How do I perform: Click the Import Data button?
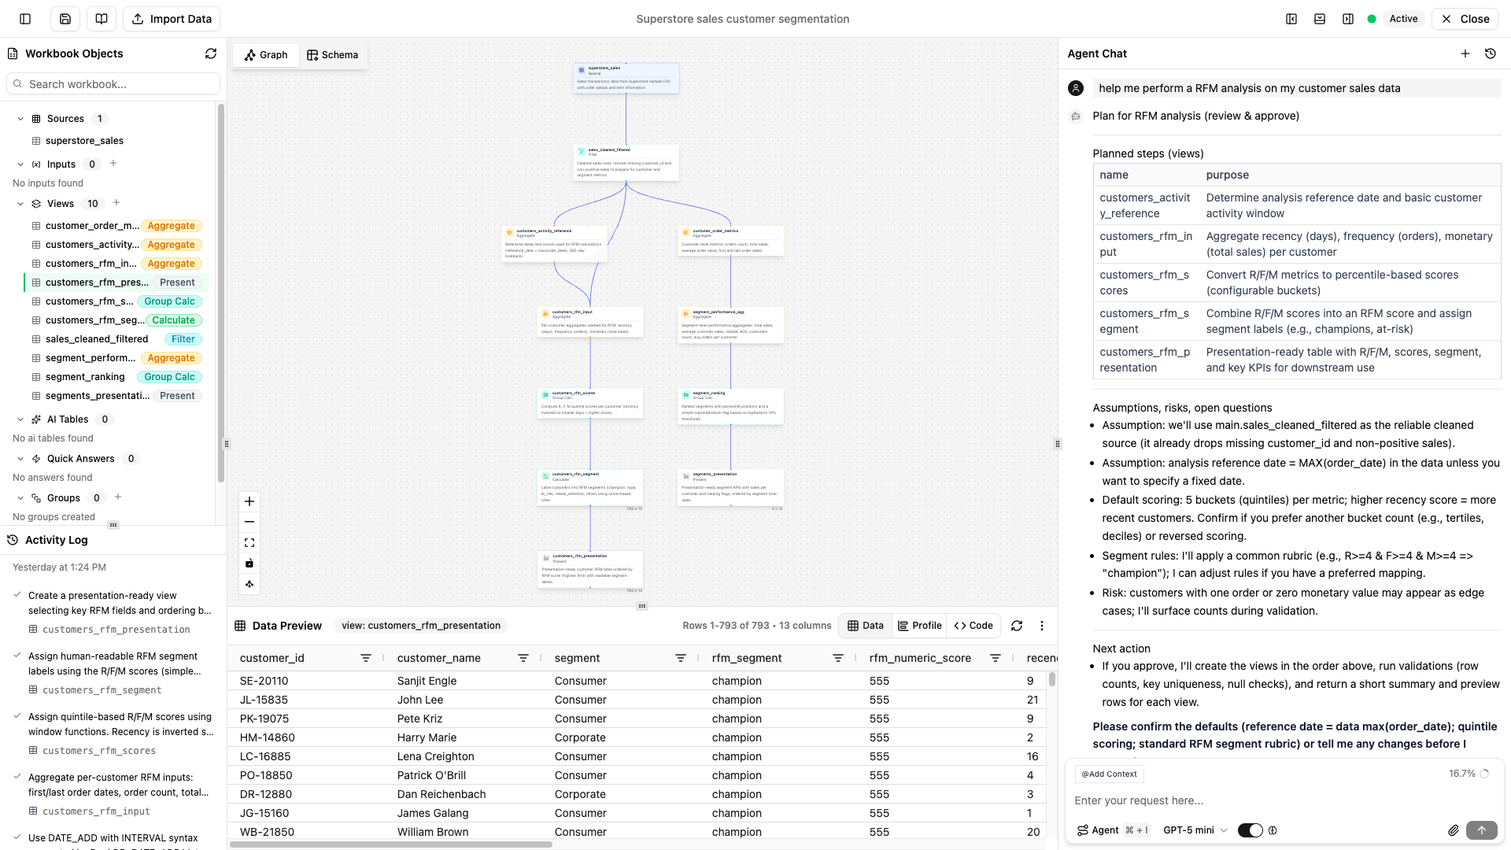[x=172, y=19]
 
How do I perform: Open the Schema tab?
[x=332, y=55]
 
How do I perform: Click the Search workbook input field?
[x=114, y=84]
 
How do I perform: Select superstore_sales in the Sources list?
[x=84, y=141]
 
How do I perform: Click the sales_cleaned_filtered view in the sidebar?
[x=97, y=339]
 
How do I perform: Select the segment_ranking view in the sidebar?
[x=85, y=377]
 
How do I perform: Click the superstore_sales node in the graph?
[x=626, y=78]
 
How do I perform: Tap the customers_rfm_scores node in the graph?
[x=590, y=403]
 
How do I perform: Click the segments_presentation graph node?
[x=730, y=486]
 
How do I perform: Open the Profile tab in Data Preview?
[x=919, y=626]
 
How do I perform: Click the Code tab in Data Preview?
[x=973, y=626]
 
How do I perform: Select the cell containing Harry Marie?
[x=427, y=737]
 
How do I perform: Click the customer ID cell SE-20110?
[x=264, y=681]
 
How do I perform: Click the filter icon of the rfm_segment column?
[x=838, y=658]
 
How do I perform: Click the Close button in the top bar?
[x=1465, y=19]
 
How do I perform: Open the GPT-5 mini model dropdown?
[x=1195, y=830]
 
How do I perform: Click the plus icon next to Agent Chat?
[x=1465, y=54]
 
